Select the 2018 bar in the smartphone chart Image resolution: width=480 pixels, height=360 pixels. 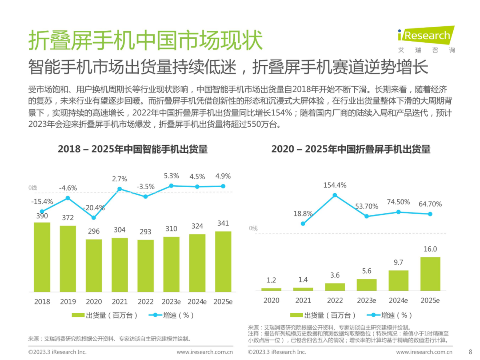coord(42,256)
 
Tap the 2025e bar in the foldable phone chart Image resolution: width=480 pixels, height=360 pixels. coord(430,274)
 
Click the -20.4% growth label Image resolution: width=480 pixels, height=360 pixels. coord(94,208)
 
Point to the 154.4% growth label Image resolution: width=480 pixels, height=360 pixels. coord(335,185)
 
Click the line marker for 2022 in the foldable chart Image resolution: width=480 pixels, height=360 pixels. coord(335,195)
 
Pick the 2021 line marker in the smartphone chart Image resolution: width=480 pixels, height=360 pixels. coord(120,189)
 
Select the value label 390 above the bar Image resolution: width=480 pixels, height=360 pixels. coord(42,216)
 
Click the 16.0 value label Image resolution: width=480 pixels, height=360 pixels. coord(430,249)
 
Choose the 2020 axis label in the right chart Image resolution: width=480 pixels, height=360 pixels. coord(271,300)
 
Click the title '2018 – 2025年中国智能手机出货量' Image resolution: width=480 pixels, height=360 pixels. coord(133,150)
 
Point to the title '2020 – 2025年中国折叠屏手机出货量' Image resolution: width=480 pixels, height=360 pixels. coord(351,150)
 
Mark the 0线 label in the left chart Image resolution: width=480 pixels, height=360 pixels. coord(32,188)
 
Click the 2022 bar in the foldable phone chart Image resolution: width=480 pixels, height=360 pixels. coord(335,287)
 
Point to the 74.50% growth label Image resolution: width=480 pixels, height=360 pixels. coord(398,202)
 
